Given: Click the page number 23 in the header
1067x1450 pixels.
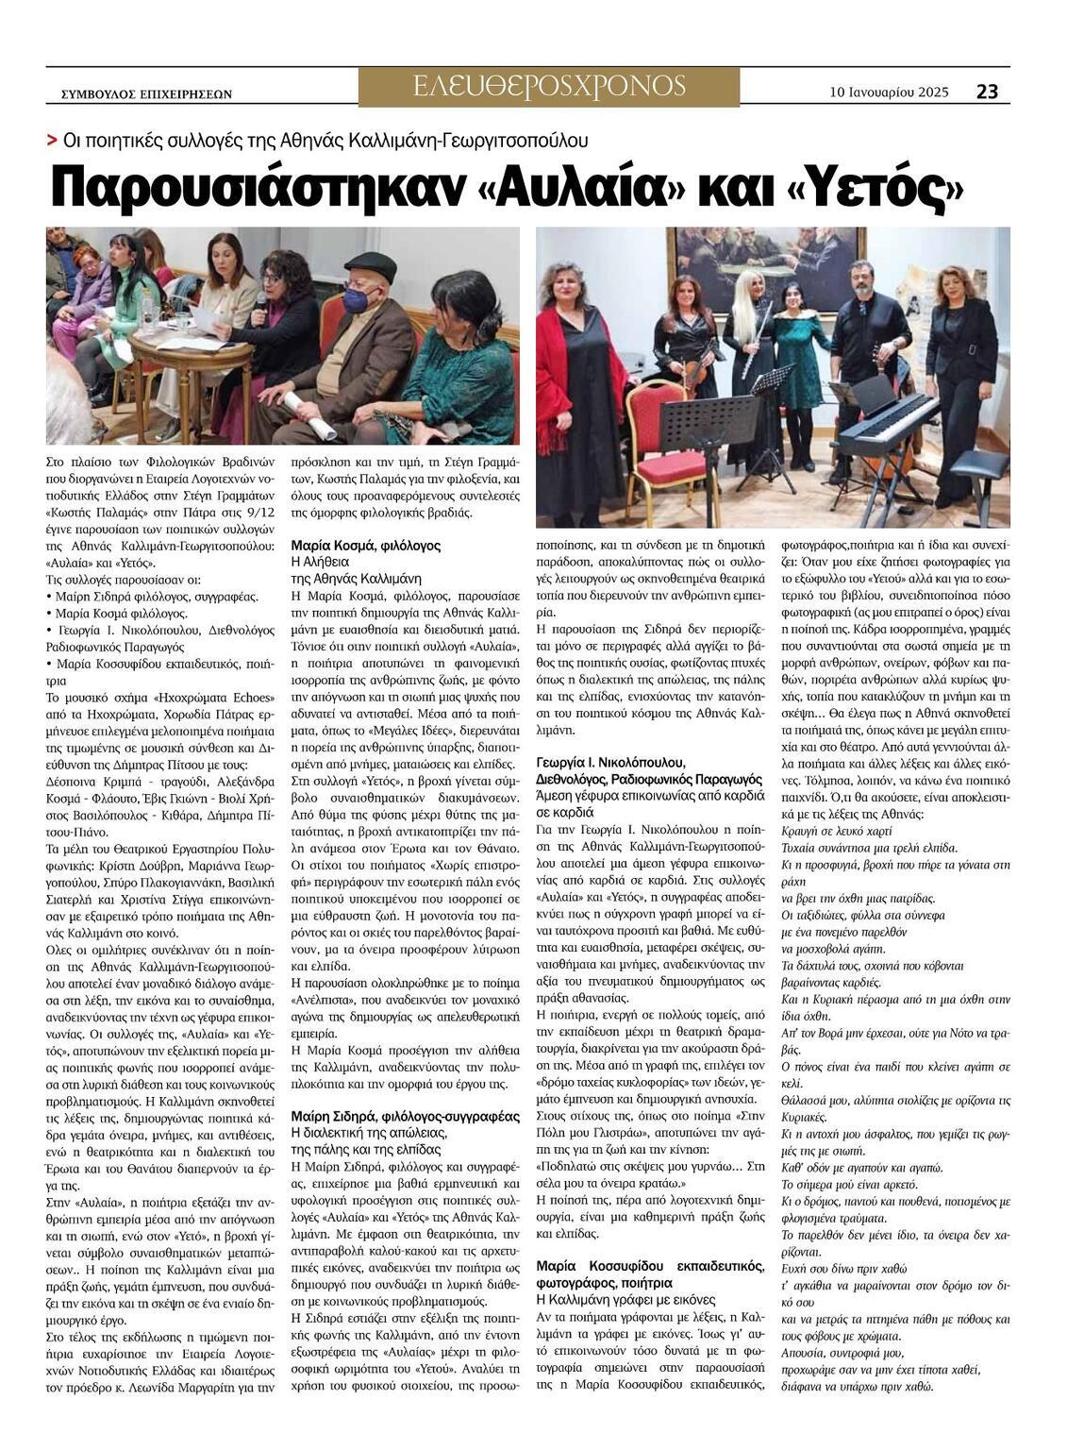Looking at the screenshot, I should point(987,92).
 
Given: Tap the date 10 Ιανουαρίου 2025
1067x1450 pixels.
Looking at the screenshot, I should point(889,93).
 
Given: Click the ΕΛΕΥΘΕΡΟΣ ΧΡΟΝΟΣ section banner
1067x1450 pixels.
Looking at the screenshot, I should point(549,87).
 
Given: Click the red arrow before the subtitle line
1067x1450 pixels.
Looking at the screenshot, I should point(52,141).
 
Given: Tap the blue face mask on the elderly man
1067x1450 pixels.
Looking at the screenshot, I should point(360,299).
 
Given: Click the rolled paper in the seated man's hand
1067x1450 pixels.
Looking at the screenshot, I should point(312,415).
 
